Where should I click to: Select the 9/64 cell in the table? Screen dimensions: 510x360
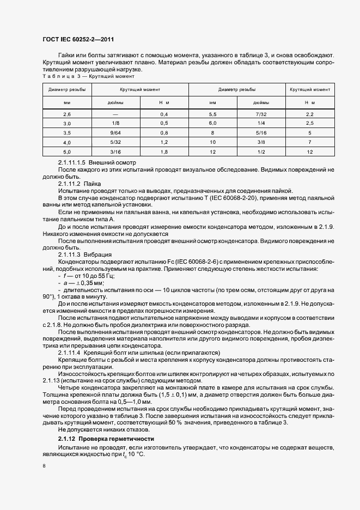115,132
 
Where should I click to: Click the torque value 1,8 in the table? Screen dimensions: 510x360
163,151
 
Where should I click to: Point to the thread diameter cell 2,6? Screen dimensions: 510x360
67,114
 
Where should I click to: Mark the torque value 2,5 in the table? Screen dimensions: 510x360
309,123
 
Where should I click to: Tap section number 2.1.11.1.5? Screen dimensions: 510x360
72,163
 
